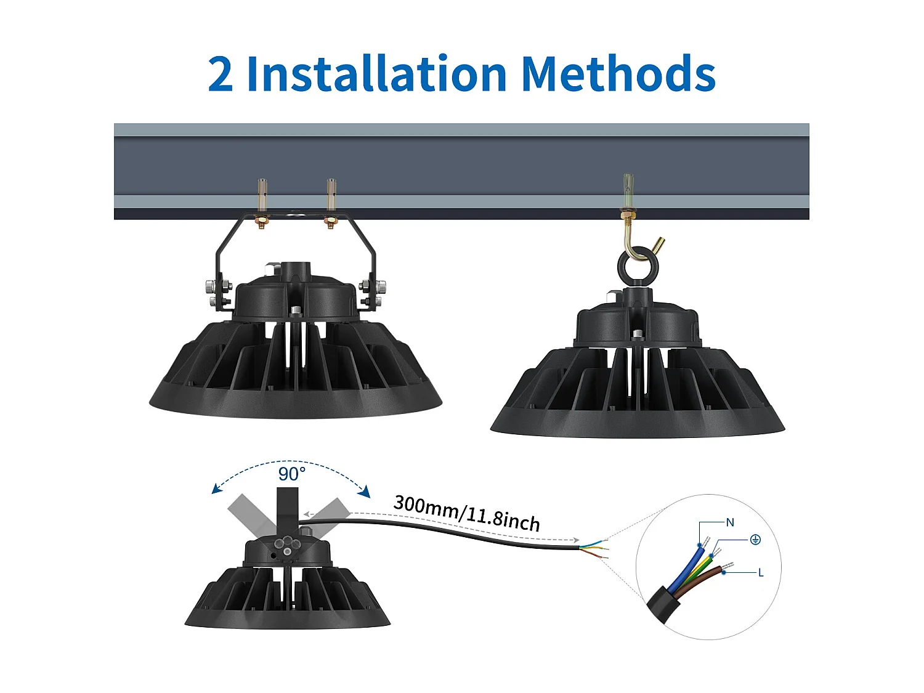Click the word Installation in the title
tap(376, 74)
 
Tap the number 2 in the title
tap(221, 75)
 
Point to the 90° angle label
tap(291, 474)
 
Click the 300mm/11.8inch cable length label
tap(466, 513)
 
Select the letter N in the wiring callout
tap(730, 522)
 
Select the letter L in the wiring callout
tap(761, 573)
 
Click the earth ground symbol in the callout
tap(755, 540)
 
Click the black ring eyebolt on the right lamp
tap(638, 265)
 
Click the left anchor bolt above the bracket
tap(262, 196)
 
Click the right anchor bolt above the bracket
tap(331, 196)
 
